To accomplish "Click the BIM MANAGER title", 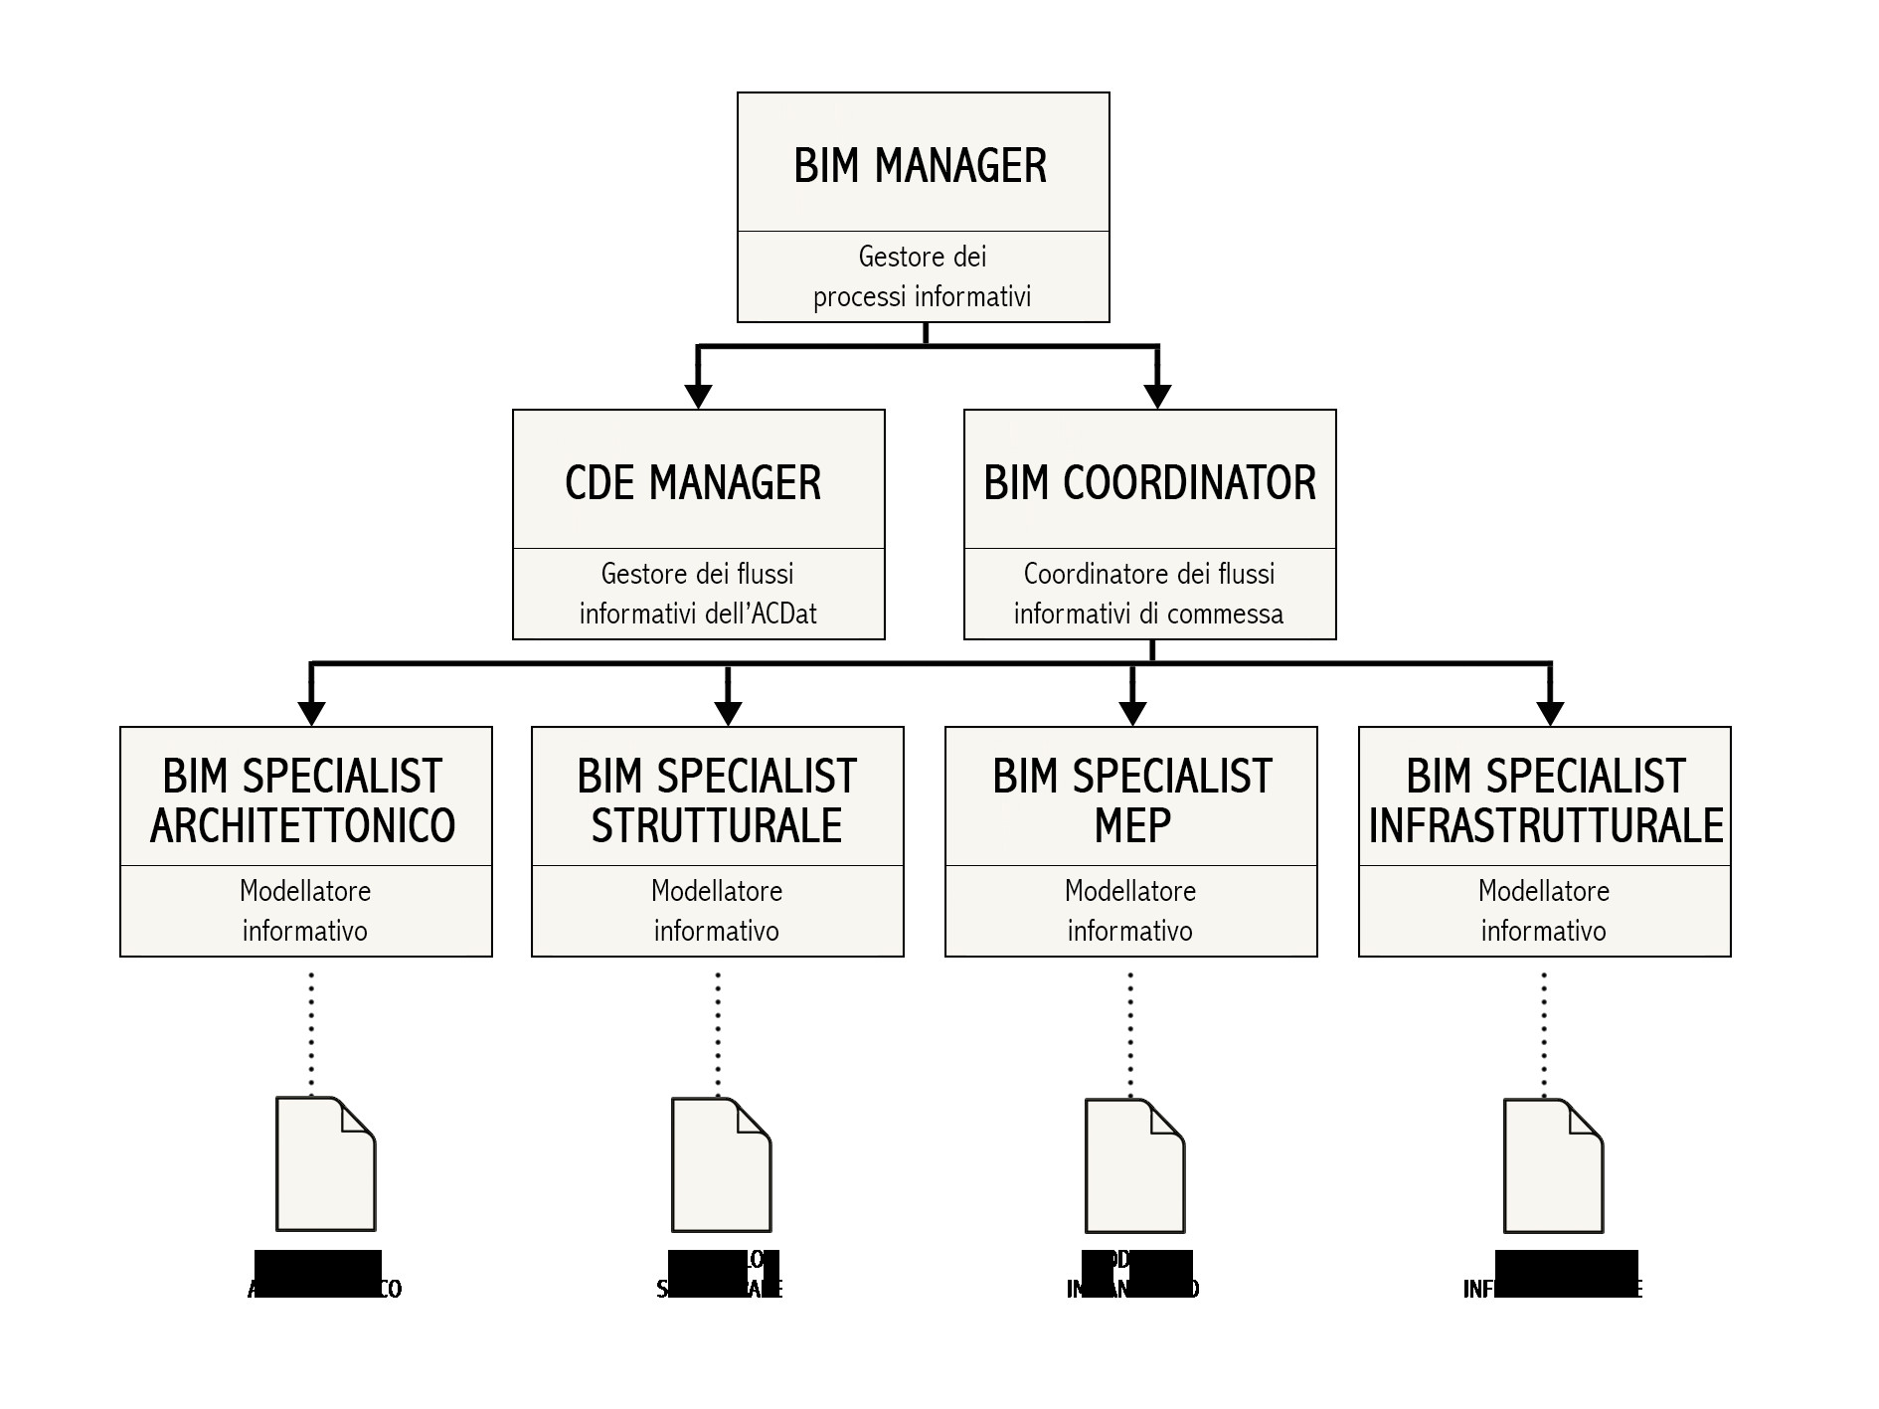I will [x=921, y=165].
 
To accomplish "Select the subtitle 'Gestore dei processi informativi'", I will [x=923, y=276].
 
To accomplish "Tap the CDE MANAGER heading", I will [x=693, y=483].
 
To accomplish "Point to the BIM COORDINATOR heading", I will [x=1149, y=483].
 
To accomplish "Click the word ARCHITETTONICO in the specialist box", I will [x=303, y=825].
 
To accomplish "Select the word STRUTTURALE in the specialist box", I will [x=717, y=825].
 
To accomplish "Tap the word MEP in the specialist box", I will [x=1132, y=825].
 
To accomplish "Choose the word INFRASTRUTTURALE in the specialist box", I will [x=1546, y=825].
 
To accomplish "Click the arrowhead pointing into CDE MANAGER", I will [x=699, y=395].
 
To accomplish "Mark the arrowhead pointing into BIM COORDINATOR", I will [x=1157, y=395].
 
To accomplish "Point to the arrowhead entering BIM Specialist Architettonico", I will [x=312, y=713].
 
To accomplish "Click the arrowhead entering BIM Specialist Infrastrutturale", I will [x=1550, y=713].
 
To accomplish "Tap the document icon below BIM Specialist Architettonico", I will [x=325, y=1164].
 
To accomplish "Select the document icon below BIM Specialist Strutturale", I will [x=721, y=1164].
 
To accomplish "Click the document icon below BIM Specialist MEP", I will [x=1134, y=1165].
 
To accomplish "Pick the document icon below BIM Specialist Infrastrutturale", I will [x=1553, y=1165].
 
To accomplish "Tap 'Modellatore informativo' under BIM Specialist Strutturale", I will [x=717, y=911].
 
